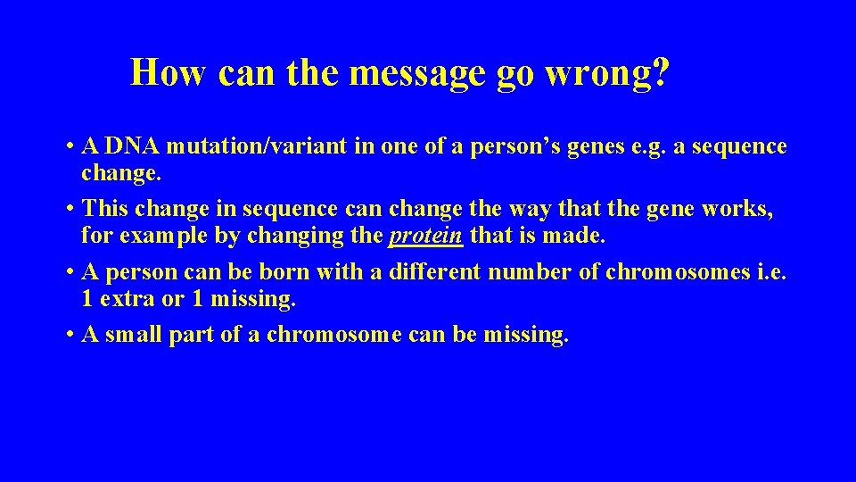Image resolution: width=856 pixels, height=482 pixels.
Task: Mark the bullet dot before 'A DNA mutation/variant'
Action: [69, 146]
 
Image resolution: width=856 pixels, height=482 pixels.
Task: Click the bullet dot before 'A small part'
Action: [69, 336]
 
